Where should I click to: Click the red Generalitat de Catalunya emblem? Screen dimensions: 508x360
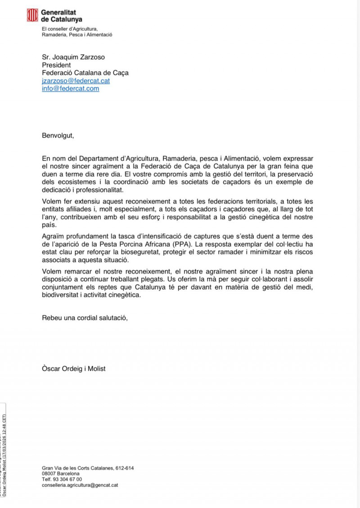[32, 16]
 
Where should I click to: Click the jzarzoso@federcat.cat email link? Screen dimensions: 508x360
[76, 81]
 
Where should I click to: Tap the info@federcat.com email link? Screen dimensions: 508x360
[70, 89]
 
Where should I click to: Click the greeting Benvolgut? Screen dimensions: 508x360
[57, 135]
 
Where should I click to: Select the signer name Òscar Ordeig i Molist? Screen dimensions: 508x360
[74, 369]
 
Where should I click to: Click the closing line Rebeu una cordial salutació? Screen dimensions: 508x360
[85, 318]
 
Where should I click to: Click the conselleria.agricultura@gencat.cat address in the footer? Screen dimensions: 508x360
[80, 486]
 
